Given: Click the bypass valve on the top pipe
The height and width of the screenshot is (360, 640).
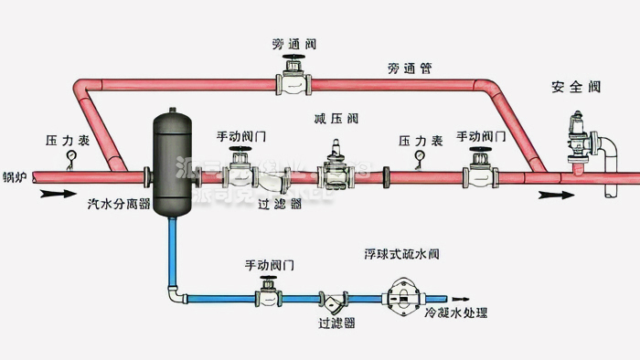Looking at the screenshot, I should pyautogui.click(x=293, y=80).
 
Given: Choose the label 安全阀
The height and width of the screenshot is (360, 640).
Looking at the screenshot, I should pyautogui.click(x=575, y=88).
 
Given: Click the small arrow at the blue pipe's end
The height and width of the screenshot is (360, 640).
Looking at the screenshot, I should pyautogui.click(x=461, y=298).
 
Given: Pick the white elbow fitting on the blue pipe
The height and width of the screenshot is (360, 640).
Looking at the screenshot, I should pyautogui.click(x=173, y=294).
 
